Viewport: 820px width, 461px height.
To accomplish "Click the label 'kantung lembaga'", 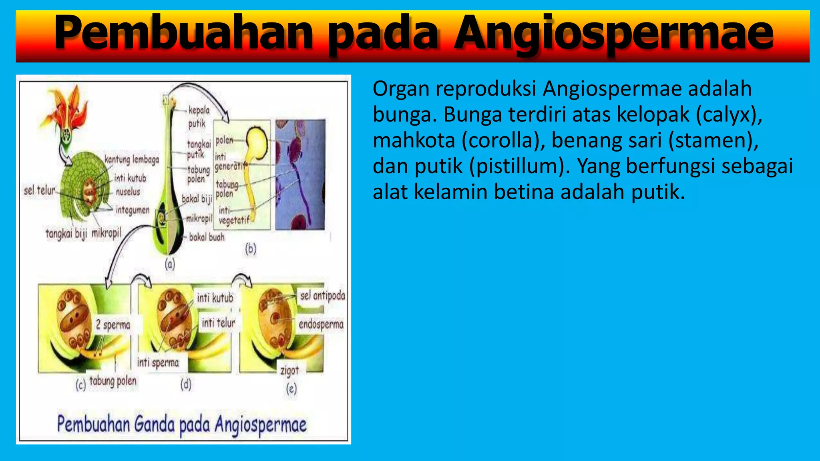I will tap(132, 160).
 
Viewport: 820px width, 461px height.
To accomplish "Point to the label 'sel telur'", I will tap(39, 190).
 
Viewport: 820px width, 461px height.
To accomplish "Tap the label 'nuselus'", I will tap(128, 192).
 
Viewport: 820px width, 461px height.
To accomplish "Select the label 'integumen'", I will tap(133, 210).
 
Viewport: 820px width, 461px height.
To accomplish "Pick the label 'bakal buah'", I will tap(207, 237).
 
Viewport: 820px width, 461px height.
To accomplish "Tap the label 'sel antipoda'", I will tap(322, 296).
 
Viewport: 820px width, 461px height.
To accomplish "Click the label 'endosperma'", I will tap(321, 324).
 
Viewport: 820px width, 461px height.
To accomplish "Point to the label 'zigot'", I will tap(289, 371).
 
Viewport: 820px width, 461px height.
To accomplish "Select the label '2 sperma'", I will tap(113, 325).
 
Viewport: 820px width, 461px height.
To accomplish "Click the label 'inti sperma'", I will tap(158, 363).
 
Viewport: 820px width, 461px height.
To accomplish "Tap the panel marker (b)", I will tap(251, 249).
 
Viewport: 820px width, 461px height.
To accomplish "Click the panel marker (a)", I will tap(170, 264).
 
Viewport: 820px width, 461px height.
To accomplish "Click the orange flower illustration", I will tap(66, 108).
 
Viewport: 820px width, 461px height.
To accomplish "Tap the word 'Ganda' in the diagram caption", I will tap(154, 424).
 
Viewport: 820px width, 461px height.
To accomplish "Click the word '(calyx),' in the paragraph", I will tap(729, 114).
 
